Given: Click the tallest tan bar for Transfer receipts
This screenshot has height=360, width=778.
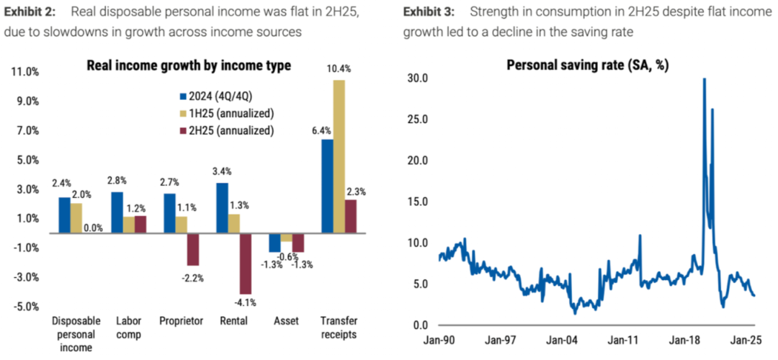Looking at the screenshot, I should point(339,156).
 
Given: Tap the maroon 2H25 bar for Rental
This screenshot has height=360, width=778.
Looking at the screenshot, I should point(246,263).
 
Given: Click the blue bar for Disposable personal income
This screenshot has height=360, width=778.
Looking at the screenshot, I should point(65,215).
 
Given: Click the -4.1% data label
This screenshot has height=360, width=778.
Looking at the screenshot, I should point(246,302).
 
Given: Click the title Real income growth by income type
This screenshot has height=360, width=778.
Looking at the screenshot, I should point(189,66).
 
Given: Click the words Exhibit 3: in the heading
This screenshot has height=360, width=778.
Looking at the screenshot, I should point(429,13).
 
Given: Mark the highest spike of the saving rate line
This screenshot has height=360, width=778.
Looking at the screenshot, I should point(704,79).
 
